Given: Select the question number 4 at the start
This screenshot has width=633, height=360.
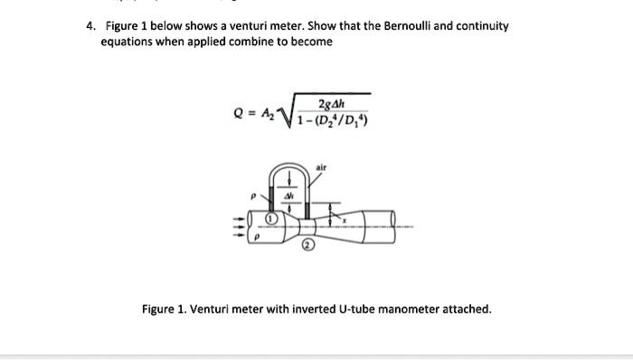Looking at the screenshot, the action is [x=90, y=25].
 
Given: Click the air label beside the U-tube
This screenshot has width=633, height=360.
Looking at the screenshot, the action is [x=321, y=167].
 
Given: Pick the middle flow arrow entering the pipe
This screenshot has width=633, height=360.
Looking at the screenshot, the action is [x=241, y=227].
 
